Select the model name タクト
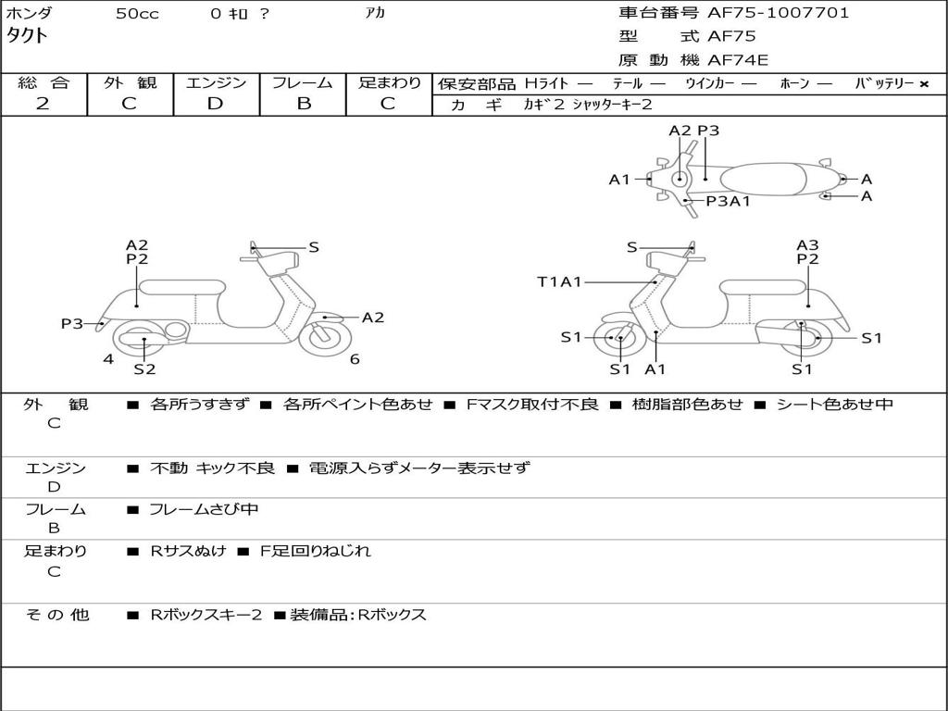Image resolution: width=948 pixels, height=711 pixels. click(28, 36)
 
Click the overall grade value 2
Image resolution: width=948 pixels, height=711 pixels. click(43, 104)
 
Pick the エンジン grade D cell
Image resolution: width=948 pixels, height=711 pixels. click(215, 104)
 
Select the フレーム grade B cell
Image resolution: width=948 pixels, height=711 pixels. click(304, 104)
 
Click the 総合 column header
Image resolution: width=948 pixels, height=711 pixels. click(44, 82)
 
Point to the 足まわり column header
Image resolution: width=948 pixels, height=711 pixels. click(389, 82)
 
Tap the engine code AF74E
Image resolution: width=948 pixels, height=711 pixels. click(738, 60)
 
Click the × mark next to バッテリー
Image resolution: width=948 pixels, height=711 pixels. click(923, 84)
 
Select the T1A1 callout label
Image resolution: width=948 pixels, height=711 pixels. click(559, 281)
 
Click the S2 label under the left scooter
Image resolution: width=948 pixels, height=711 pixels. click(144, 369)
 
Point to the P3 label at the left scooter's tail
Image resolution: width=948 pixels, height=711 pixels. click(72, 323)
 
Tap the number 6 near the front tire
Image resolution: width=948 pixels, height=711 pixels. click(355, 359)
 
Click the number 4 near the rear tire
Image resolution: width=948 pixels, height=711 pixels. click(108, 359)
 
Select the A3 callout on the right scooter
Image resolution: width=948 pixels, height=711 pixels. click(807, 245)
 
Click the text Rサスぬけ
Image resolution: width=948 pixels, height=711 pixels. click(188, 551)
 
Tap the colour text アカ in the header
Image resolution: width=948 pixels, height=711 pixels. click(375, 14)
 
